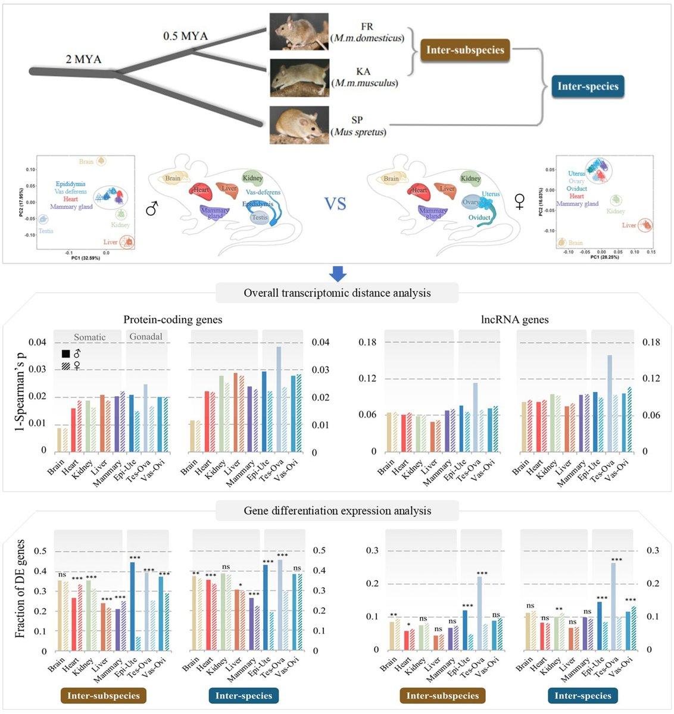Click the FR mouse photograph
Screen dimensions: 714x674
pos(299,32)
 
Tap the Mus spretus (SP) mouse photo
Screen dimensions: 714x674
pos(299,124)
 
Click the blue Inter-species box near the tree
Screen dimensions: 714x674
pos(588,86)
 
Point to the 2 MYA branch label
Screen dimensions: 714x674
pos(83,59)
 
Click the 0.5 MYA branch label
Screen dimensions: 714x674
pos(185,36)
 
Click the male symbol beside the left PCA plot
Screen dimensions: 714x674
pos(151,208)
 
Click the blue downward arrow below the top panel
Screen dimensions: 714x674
pos(338,274)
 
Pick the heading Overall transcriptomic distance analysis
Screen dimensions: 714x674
pos(337,293)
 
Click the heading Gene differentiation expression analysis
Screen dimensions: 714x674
pos(337,511)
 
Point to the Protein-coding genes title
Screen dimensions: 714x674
pos(173,320)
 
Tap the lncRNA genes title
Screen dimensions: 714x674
pos(514,320)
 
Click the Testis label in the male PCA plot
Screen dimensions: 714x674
pos(46,231)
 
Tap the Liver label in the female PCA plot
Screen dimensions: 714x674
pos(629,226)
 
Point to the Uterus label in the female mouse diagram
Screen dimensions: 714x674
pos(491,194)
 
